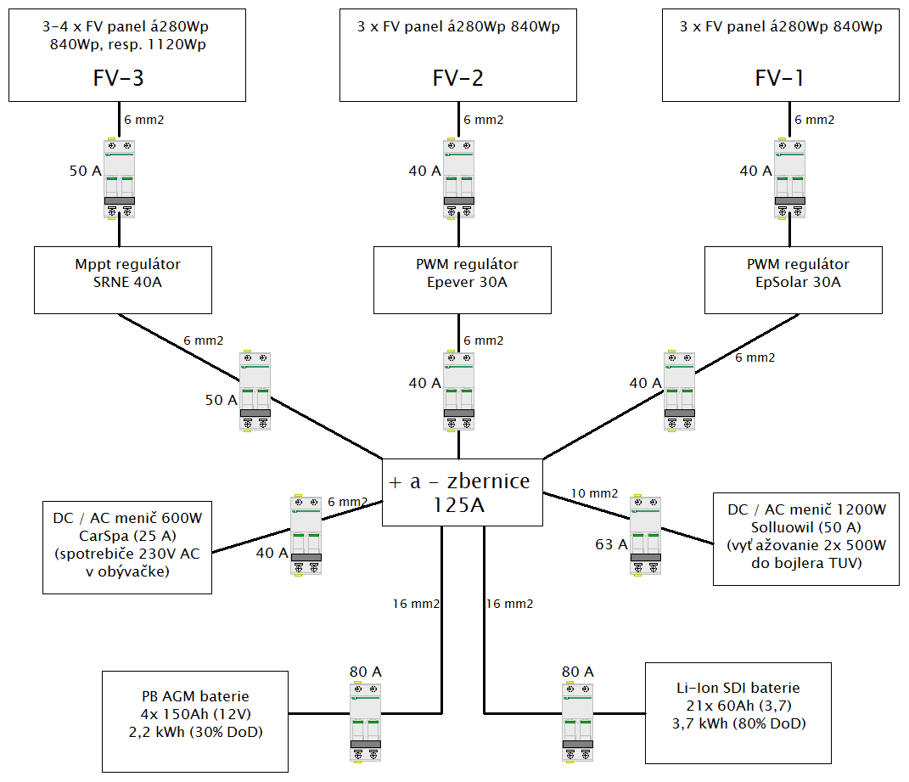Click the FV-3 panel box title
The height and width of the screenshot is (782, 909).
coord(118,79)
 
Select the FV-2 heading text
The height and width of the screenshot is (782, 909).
coord(458,79)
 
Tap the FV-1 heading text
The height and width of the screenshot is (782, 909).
coord(780,79)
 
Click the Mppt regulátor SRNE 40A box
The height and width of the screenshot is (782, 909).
coord(123,279)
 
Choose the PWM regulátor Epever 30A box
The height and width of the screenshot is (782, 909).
coord(463,279)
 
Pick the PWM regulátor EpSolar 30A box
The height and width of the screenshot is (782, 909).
coord(794,279)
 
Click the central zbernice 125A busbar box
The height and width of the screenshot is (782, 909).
coord(463,492)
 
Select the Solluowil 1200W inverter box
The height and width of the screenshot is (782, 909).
coord(805,539)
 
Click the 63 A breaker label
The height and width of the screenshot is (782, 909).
coord(611,545)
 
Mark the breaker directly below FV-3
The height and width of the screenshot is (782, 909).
coord(119,179)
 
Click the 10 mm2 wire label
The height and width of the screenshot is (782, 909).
coord(594,493)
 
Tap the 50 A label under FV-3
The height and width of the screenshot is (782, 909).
coord(85,172)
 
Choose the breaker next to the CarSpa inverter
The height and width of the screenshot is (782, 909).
coord(306,537)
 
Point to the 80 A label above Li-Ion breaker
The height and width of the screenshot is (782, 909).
coord(577,672)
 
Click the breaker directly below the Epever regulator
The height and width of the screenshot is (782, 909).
coord(458,391)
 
